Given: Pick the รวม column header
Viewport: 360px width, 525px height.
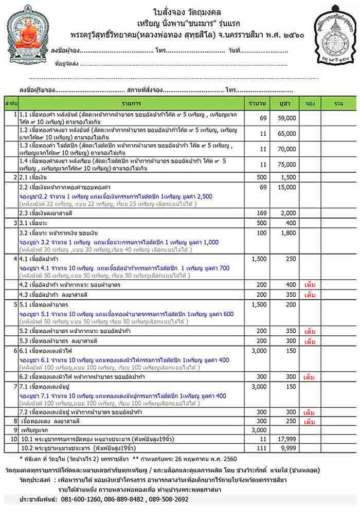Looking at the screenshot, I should (338, 103).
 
